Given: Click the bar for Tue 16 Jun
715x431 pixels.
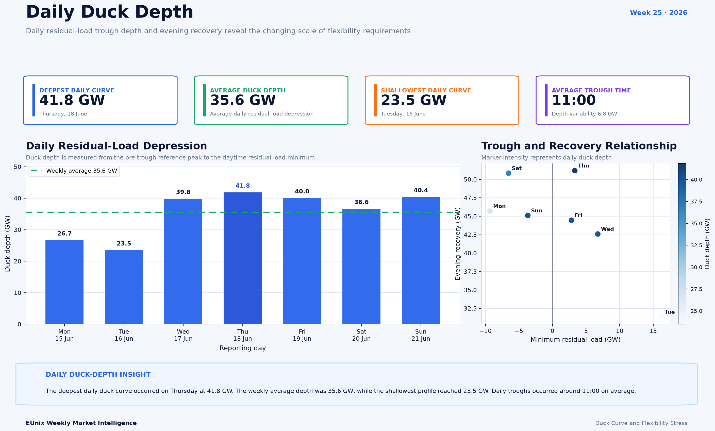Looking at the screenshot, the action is pyautogui.click(x=124, y=287).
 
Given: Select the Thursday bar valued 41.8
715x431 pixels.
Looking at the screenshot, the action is pyautogui.click(x=243, y=258).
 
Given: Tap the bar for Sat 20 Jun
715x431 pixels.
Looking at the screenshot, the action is pyautogui.click(x=361, y=266).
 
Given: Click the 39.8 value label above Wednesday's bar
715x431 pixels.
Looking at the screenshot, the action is pyautogui.click(x=183, y=192).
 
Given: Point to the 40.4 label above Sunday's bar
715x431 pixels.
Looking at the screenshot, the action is pyautogui.click(x=421, y=190).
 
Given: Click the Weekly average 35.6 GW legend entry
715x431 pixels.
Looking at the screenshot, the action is pyautogui.click(x=74, y=171).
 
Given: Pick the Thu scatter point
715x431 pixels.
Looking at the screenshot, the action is pyautogui.click(x=575, y=171).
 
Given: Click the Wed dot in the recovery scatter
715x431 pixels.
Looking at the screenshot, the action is pyautogui.click(x=598, y=234).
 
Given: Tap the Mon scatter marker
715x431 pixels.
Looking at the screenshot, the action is pyautogui.click(x=490, y=211).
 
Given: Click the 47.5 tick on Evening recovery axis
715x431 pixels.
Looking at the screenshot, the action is pyautogui.click(x=470, y=198).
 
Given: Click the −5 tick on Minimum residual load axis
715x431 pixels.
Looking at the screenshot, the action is pyautogui.click(x=519, y=331).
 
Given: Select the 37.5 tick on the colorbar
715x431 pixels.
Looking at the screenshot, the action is pyautogui.click(x=696, y=202).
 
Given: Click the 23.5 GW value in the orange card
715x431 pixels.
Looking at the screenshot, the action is pyautogui.click(x=413, y=100).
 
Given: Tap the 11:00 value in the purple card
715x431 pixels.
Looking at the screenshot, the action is pyautogui.click(x=574, y=100).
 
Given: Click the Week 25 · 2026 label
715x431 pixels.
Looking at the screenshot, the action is pyautogui.click(x=658, y=13).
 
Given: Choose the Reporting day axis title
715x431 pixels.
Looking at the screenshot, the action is pyautogui.click(x=243, y=348).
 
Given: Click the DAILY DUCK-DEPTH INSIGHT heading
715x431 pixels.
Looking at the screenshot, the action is pyautogui.click(x=98, y=374).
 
